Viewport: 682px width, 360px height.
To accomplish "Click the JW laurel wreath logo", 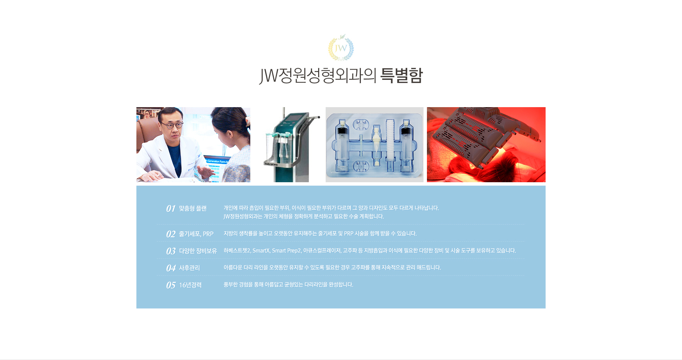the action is pos(341,47).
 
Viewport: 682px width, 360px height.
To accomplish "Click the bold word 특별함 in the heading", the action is pos(401,75).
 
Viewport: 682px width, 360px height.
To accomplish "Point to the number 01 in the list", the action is pos(171,208).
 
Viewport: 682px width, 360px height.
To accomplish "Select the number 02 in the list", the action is pos(171,234).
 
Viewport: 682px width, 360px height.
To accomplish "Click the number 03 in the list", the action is pos(171,251).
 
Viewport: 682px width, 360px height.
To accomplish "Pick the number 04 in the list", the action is pos(171,268).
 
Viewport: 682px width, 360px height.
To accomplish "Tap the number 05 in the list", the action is pos(171,285).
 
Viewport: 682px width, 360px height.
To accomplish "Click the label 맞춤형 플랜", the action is pos(193,208).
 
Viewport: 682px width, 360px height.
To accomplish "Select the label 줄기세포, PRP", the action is pos(196,234).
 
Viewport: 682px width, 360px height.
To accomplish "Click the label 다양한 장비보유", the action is pos(198,251).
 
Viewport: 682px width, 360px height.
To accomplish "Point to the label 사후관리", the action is pos(189,268).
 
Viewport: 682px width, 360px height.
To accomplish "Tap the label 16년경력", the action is pos(190,285).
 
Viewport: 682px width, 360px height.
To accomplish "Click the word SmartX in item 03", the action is pos(261,250).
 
